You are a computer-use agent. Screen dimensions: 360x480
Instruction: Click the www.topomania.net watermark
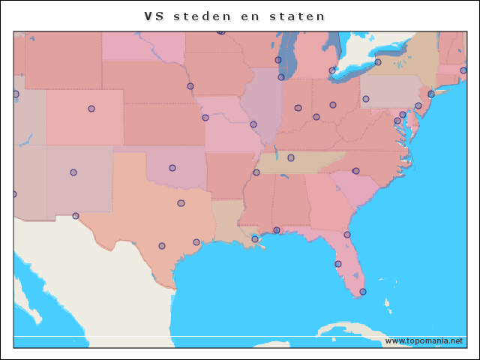point(424,340)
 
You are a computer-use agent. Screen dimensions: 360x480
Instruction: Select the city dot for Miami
point(363,292)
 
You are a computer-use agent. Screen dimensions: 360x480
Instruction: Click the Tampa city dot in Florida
point(338,264)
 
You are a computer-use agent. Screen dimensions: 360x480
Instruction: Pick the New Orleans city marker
point(255,239)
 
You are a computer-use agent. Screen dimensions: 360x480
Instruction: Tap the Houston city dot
point(196,242)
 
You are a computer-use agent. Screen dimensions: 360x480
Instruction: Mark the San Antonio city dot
point(162,246)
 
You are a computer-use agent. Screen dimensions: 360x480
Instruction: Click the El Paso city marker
point(76,216)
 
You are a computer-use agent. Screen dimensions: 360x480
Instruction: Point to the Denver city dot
point(91,109)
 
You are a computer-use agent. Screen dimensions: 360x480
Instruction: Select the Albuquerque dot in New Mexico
point(73,172)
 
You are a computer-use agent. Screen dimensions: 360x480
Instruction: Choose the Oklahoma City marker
point(172,168)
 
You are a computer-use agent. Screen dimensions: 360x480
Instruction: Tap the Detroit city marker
point(332,70)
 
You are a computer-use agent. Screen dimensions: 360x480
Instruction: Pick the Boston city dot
point(463,70)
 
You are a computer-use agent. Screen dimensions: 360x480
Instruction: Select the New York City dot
point(431,94)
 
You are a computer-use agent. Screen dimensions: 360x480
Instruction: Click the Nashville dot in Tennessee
point(291,157)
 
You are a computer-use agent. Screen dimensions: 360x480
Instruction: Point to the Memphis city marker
point(256,172)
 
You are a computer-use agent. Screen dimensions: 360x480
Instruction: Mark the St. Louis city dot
point(253,124)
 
